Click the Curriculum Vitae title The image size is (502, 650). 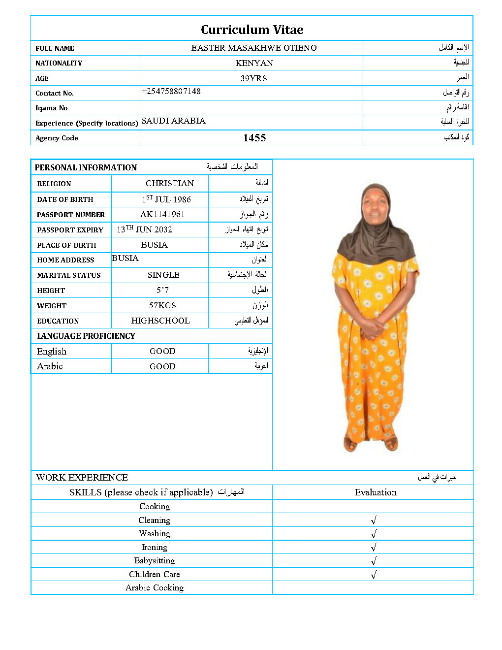coord(252,30)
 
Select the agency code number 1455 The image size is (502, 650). coord(254,138)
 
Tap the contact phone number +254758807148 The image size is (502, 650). coord(171,91)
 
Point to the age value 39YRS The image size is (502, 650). coord(253,78)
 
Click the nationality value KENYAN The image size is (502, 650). coord(254,63)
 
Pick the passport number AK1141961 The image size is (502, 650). coord(162,214)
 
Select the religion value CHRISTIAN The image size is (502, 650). coord(170,183)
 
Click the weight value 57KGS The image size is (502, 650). coord(162,305)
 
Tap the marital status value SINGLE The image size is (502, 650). coord(163,275)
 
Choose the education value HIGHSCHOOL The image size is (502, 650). coord(160,321)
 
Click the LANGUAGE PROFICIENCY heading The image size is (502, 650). coord(86,336)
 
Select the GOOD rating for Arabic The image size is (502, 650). coord(162,366)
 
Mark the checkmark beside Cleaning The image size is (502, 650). coord(374,520)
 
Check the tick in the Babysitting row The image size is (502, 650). coord(374,561)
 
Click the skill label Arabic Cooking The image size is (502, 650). coord(155,587)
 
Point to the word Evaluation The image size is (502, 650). coord(376,492)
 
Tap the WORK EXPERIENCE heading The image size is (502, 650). coord(82,477)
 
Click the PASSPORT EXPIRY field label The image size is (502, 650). coord(70,230)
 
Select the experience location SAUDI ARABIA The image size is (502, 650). coord(174,121)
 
